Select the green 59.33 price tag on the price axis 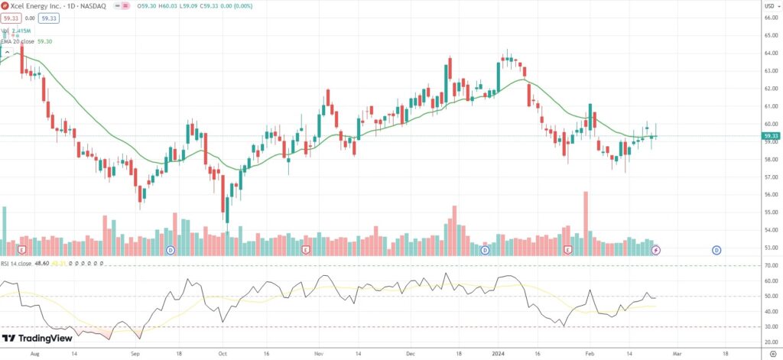point(770,136)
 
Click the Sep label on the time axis point(135,355)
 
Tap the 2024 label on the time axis point(497,355)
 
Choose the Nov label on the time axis point(318,355)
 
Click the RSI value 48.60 point(43,263)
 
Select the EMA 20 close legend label point(18,41)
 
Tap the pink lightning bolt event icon point(655,250)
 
